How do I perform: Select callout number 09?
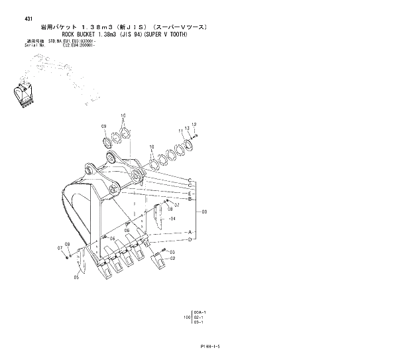tap(103, 126)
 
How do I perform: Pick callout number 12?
tap(194, 125)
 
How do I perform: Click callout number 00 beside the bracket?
tap(204, 211)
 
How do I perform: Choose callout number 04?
tap(172, 217)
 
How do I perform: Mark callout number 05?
tap(76, 278)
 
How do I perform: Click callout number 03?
tap(172, 252)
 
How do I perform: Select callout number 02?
tap(172, 259)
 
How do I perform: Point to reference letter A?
tap(190, 232)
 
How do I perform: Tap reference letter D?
tap(190, 239)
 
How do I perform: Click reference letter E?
tap(190, 193)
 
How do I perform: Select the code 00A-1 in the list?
tap(200, 312)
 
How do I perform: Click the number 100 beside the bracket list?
tap(188, 318)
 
